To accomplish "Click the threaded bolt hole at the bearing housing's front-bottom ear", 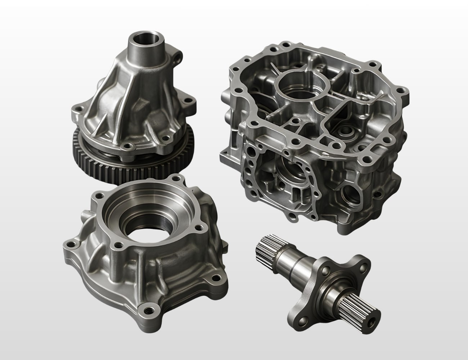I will click(x=147, y=308).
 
